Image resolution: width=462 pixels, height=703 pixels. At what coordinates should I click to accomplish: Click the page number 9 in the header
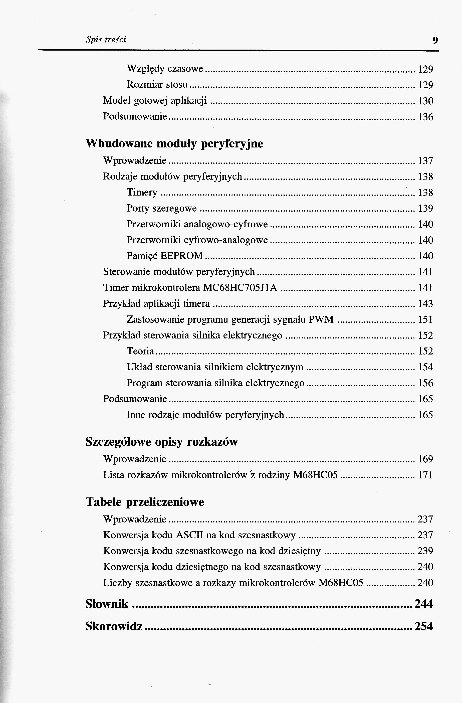tap(435, 40)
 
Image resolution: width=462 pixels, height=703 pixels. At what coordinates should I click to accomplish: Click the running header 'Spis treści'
tap(106, 39)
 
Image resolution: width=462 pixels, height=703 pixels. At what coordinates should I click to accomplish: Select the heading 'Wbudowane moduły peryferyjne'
tap(174, 143)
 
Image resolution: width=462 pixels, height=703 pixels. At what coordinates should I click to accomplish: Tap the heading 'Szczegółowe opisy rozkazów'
tap(161, 442)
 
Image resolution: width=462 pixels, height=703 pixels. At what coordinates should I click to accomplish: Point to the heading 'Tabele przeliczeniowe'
tap(145, 502)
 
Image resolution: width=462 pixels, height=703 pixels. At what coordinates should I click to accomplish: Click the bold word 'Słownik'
tap(107, 604)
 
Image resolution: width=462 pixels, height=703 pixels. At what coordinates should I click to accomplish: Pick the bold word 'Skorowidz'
tap(114, 626)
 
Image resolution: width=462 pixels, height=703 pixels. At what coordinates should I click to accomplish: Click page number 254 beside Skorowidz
tap(424, 626)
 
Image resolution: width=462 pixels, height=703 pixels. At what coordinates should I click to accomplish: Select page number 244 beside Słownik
tap(424, 604)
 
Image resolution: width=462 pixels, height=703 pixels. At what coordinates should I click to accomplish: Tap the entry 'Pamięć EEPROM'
tap(165, 256)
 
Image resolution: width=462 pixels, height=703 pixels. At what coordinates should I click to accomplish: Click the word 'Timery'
tap(142, 192)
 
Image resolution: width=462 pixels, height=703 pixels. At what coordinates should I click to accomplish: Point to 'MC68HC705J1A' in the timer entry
tap(240, 287)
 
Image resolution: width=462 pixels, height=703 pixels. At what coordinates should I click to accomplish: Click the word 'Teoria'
tap(140, 351)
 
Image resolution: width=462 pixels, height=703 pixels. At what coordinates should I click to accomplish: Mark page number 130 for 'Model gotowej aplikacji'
tap(425, 101)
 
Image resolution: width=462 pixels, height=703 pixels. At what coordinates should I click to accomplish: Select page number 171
tap(425, 475)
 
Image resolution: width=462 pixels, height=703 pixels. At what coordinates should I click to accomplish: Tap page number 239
tap(425, 551)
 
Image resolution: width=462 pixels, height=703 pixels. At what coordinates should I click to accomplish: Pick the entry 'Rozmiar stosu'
tap(157, 85)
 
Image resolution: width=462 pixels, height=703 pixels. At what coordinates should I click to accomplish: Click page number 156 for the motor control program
tap(425, 383)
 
